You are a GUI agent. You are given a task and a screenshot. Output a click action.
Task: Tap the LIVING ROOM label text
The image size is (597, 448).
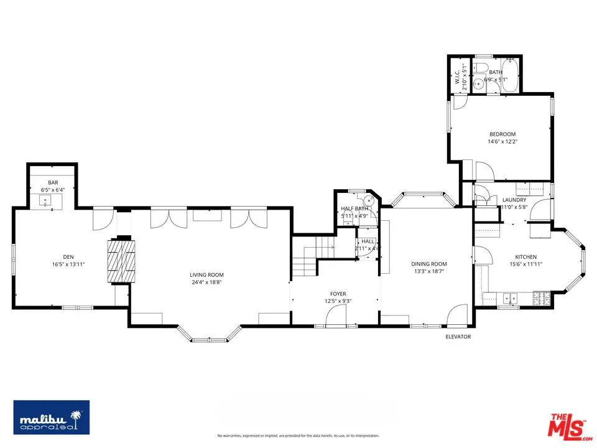coord(206,274)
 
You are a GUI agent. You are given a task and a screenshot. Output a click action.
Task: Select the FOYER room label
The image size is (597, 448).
coord(338,294)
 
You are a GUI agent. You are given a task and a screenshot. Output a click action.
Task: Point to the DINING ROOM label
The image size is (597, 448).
coord(429,264)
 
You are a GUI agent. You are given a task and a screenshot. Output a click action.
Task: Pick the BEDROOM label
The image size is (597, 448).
coord(502,134)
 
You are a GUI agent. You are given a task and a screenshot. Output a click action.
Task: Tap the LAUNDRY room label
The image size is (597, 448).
coord(514,200)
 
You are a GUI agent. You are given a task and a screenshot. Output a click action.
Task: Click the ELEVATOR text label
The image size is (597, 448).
coord(458,337)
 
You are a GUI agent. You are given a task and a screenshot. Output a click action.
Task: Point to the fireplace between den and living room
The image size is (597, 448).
coord(120,261)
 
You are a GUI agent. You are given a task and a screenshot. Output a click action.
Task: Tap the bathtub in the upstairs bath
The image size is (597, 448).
coord(509,76)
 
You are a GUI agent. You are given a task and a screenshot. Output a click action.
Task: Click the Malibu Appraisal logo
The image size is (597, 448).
coord(52,416)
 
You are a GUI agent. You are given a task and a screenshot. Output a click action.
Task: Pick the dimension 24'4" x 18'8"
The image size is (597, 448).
coord(206,282)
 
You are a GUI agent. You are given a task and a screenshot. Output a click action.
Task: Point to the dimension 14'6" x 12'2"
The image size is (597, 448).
coord(502,141)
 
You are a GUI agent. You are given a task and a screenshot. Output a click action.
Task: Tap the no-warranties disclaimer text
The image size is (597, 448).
coord(298,436)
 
